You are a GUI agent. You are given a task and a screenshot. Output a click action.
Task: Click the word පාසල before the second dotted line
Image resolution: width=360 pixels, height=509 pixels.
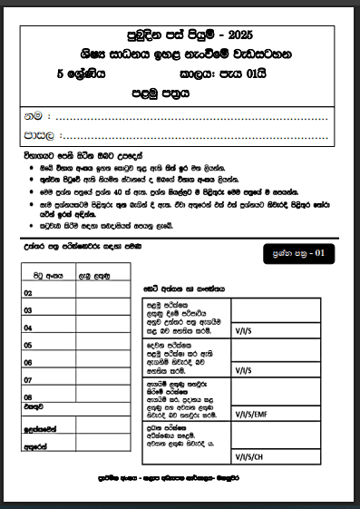coord(38,136)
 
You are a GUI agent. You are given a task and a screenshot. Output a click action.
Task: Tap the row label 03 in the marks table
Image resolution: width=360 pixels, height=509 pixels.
coord(28,311)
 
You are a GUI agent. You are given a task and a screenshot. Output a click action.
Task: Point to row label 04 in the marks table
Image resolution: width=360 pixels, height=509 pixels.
coord(28,328)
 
